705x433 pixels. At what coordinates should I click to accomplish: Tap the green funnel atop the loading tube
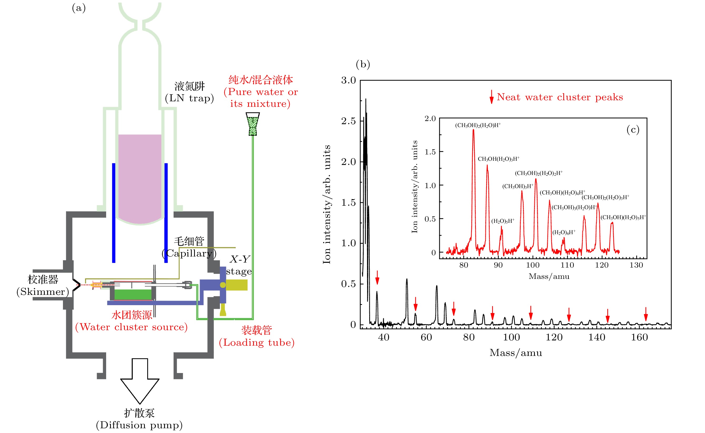253,124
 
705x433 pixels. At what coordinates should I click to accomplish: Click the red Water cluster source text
131,327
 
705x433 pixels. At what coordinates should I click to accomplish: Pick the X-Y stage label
239,265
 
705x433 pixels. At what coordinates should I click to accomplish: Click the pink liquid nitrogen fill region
140,178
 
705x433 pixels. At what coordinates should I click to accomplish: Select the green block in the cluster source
133,294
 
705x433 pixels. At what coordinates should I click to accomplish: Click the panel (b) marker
363,64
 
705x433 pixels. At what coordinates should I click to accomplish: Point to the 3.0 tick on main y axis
348,80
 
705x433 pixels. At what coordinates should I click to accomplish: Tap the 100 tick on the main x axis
511,338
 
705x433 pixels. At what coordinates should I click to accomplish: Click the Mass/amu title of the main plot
515,353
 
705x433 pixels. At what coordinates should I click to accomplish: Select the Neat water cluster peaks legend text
560,97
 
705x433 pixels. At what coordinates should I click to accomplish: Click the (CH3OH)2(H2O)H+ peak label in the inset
478,125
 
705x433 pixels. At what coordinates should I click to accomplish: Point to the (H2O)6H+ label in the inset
564,232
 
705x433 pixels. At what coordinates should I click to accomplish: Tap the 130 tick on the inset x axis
636,265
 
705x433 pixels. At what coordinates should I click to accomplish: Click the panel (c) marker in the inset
633,130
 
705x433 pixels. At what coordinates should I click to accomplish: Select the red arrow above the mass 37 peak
377,277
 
